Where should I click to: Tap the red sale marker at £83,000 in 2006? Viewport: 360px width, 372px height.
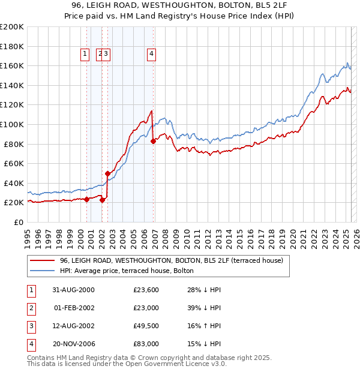coord(153,141)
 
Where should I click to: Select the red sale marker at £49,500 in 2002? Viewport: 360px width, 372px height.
coord(108,173)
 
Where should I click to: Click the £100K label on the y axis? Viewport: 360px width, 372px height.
coord(12,124)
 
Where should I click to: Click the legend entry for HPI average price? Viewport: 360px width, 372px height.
coord(127,271)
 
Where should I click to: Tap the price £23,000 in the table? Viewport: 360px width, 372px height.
coord(146,308)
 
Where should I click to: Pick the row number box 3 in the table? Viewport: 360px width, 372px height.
coord(31,326)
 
